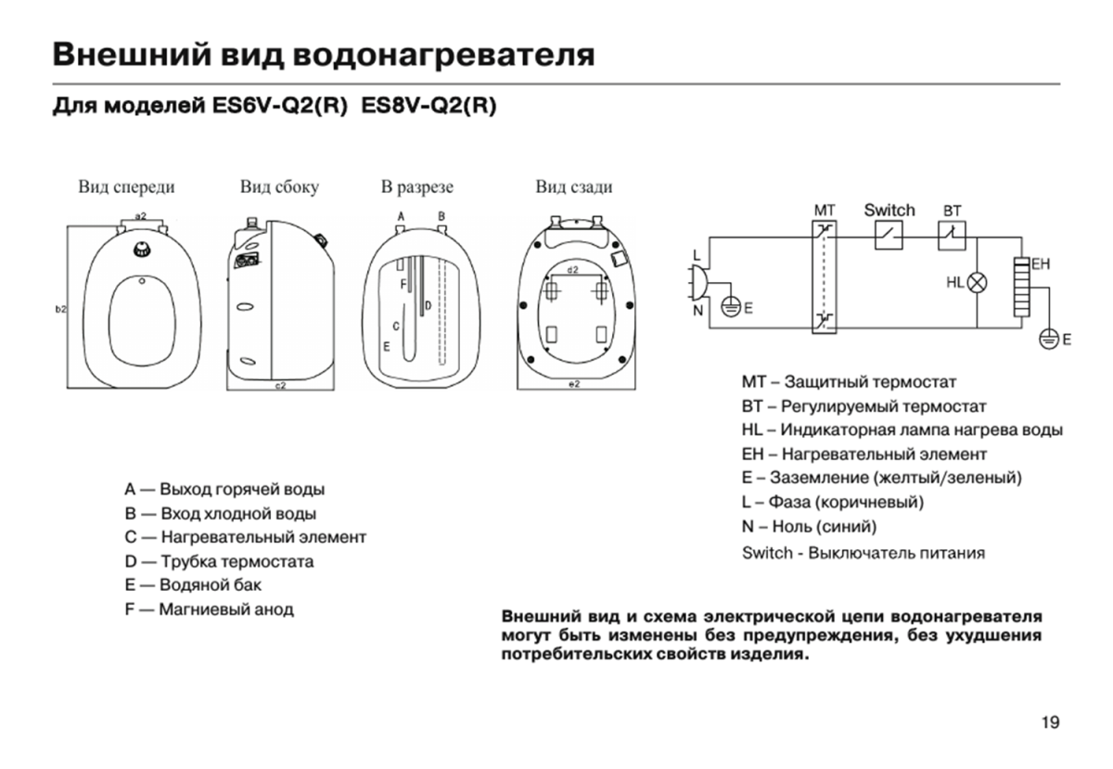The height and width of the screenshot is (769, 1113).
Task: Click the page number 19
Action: [x=1050, y=723]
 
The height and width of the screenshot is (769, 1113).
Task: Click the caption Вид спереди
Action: [x=126, y=187]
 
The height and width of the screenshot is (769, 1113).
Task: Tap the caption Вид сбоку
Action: [x=279, y=187]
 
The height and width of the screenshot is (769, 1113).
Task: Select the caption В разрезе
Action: [x=417, y=187]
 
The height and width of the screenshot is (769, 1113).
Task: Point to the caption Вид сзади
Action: [x=574, y=187]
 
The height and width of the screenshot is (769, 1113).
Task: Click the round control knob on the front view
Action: [x=142, y=248]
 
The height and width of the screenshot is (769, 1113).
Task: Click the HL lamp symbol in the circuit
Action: [x=977, y=283]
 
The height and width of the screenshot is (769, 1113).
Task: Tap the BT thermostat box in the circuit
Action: [x=952, y=236]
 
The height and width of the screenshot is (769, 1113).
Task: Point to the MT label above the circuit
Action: [x=825, y=211]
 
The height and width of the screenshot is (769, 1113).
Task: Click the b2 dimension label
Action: [x=60, y=309]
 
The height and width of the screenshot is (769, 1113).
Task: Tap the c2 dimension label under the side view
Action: [x=280, y=384]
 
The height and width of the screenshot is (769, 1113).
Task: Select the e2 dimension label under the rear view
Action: [x=573, y=384]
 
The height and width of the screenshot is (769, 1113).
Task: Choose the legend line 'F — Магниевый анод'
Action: [x=210, y=609]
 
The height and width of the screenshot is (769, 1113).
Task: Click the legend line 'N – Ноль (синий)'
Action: [x=809, y=527]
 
